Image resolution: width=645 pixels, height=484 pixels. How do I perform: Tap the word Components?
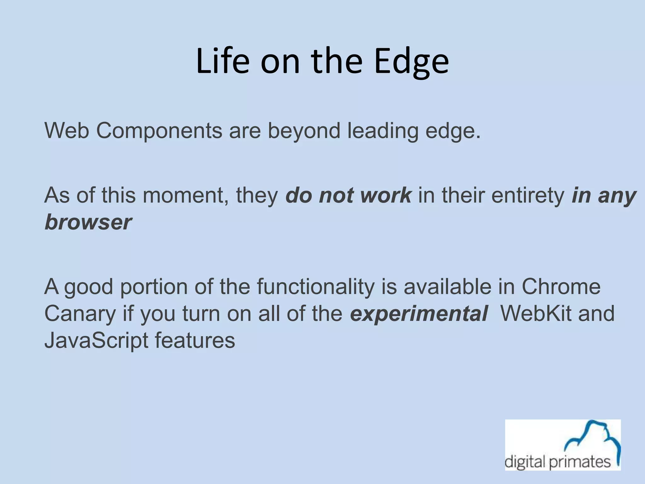coord(159,131)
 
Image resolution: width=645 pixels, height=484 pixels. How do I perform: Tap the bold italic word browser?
coord(88,222)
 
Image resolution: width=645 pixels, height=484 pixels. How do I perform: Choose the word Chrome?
coord(561,286)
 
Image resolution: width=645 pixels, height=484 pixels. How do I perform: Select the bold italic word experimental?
coord(419,314)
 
